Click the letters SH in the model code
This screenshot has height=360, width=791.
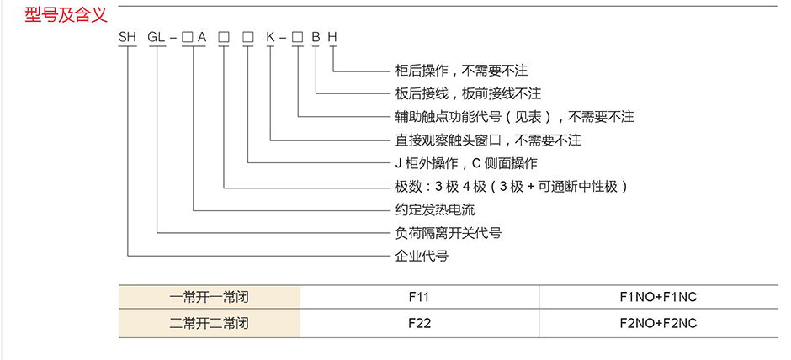(127, 37)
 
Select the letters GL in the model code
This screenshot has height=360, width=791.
(157, 37)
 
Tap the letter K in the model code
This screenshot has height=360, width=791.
(270, 37)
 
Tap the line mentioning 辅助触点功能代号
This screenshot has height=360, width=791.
(513, 117)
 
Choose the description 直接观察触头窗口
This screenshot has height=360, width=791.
(487, 140)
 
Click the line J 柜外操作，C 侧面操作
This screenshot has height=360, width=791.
(465, 163)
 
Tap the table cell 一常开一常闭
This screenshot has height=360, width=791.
(210, 298)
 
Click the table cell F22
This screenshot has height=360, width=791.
(418, 322)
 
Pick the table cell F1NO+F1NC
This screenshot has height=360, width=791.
(658, 298)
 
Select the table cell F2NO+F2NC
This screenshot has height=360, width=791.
(658, 322)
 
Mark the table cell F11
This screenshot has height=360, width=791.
(418, 298)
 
